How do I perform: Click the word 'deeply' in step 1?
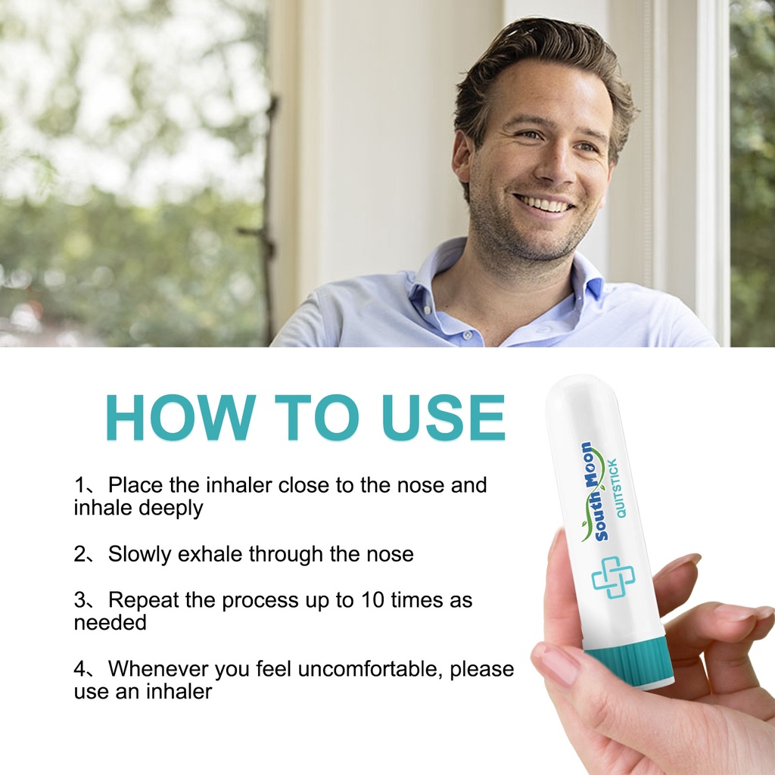(x=170, y=508)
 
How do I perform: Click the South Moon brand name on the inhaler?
(x=594, y=492)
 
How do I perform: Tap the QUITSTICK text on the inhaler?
(x=617, y=488)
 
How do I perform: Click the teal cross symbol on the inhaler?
(x=613, y=577)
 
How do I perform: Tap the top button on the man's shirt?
(x=466, y=335)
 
